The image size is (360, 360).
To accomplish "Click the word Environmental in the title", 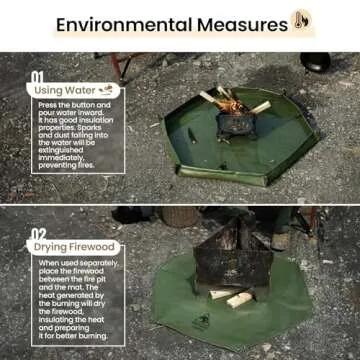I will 121,24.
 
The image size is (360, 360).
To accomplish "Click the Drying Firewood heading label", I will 72,246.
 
